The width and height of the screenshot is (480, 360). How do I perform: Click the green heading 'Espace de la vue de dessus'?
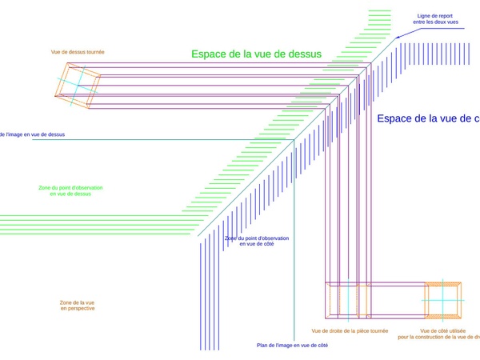coord(256,54)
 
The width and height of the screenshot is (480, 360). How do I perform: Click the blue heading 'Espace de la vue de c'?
coord(428,118)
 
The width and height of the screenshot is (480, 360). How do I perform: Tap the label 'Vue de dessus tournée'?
coord(78,52)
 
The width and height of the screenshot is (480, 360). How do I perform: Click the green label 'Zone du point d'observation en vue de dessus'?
coord(70,190)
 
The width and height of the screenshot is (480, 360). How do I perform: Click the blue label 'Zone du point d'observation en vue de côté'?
coord(256,241)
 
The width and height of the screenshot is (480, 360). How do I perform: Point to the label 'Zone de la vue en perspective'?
coord(77,305)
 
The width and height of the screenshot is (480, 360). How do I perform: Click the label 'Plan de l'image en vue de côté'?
coord(292,345)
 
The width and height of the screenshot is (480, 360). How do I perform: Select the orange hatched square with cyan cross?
coord(443,301)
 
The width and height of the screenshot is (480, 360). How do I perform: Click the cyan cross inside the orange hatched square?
coord(443,301)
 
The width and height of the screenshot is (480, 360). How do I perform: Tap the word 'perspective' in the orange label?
coord(78,309)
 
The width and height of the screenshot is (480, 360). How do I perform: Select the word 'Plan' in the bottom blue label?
coord(264,345)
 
